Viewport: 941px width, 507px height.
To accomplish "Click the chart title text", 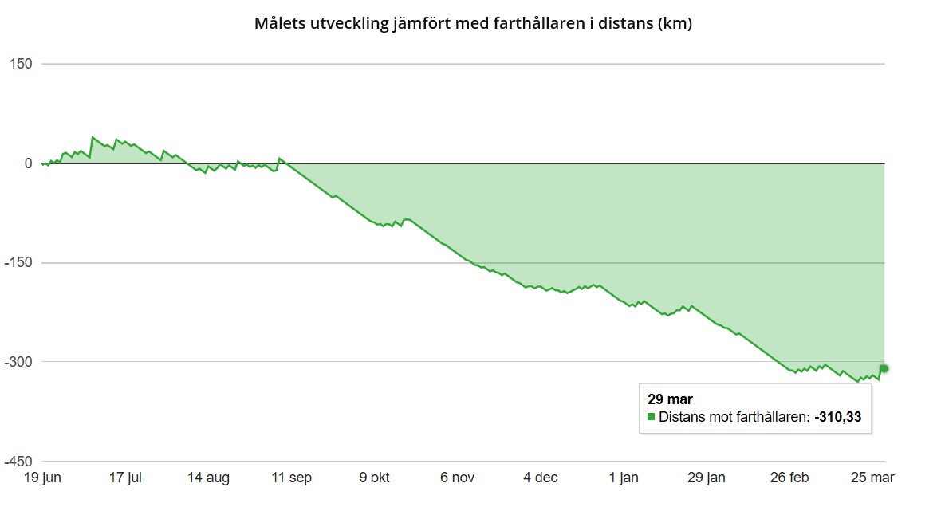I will [473, 23].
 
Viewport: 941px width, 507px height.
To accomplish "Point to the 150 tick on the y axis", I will [21, 64].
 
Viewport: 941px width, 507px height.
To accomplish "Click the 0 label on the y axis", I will [28, 163].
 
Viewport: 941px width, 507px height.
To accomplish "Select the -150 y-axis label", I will [18, 263].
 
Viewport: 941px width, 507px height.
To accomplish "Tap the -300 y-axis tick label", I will [18, 362].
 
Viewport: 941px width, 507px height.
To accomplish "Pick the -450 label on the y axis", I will [18, 462].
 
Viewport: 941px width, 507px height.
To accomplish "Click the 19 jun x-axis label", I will [41, 478].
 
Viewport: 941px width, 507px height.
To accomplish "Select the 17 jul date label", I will [125, 478].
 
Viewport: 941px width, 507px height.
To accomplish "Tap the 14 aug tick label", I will [208, 478].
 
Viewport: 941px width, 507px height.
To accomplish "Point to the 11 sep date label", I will [291, 478].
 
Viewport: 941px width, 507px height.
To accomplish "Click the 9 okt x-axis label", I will [374, 478].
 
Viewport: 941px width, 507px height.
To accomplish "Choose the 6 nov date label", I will [458, 478].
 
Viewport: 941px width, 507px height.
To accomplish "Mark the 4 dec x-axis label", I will [541, 478].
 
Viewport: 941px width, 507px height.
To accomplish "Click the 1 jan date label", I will [624, 478].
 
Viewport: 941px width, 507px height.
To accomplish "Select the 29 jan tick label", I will [707, 478].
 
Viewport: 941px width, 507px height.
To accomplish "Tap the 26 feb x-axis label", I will [789, 478].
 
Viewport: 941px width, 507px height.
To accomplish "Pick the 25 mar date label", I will [872, 478].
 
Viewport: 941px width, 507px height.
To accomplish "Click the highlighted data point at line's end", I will [884, 368].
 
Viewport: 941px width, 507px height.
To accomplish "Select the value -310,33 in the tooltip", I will [838, 416].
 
